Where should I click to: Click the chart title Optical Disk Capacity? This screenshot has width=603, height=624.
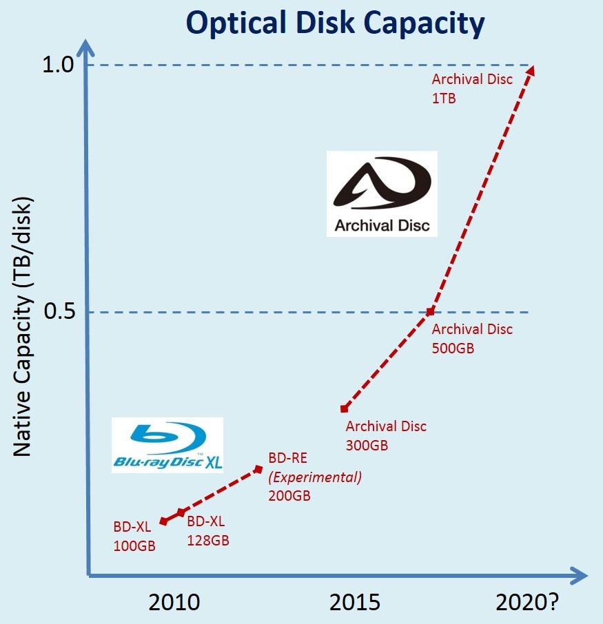point(336,23)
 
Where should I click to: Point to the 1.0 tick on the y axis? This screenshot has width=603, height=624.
point(58,66)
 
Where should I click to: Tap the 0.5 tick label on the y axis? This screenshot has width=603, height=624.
point(58,312)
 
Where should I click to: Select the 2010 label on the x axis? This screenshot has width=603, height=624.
point(174,603)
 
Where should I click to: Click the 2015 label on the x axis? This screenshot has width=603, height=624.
point(355,603)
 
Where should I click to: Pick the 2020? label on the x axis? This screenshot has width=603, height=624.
point(527,603)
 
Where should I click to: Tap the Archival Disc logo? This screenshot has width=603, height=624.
point(381,194)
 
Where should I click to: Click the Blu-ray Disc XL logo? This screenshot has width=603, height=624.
point(168,445)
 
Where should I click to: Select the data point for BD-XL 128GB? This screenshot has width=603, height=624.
point(181,512)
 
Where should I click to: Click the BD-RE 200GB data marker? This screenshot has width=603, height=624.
point(258,469)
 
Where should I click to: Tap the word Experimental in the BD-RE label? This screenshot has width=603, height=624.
point(314,477)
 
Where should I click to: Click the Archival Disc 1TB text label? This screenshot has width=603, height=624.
point(471,88)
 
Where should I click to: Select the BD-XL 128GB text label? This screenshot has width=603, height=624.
point(208,530)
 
